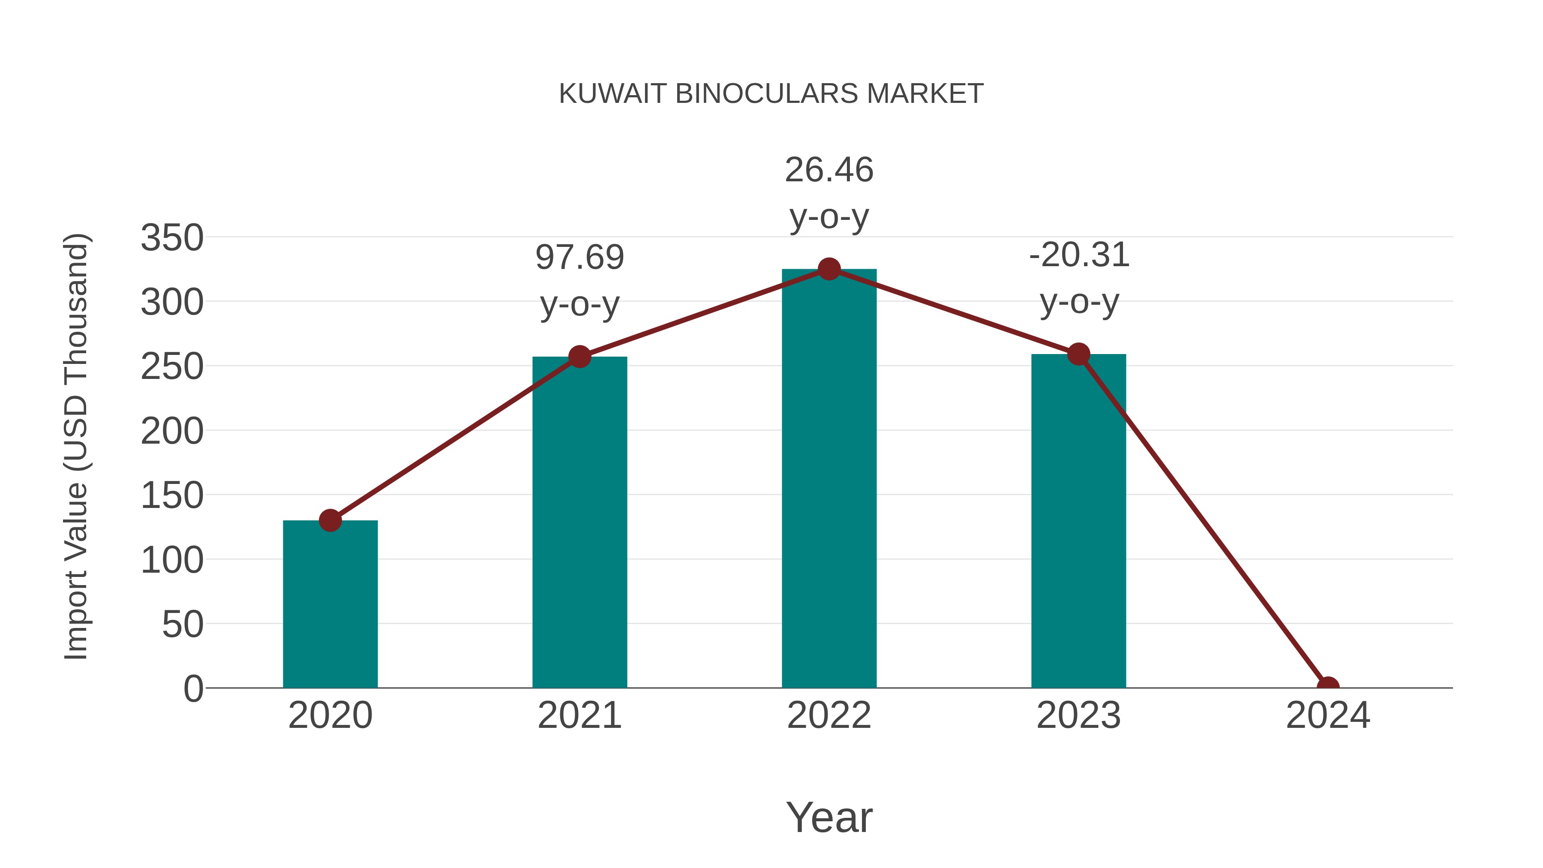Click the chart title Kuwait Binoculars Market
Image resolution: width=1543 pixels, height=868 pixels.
point(771,94)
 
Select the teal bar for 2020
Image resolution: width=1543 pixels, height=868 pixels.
point(330,605)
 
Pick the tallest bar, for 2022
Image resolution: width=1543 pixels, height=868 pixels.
point(829,479)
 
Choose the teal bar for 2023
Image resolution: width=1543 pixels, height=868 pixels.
point(1078,521)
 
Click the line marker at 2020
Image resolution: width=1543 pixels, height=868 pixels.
point(330,520)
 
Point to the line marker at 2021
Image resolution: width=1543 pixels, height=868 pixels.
point(579,357)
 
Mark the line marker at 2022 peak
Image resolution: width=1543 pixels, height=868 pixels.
point(829,270)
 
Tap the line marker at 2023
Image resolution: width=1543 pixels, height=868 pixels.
point(1078,354)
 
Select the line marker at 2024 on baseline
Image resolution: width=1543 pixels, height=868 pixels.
point(1327,687)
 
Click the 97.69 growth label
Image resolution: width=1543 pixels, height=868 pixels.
point(579,258)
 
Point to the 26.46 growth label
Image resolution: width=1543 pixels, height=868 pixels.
point(829,170)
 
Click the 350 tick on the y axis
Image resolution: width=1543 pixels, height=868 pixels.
point(172,238)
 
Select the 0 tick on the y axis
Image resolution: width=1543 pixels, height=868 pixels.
point(193,689)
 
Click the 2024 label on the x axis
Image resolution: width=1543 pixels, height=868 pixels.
point(1327,715)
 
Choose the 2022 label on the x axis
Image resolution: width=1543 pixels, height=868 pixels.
point(829,715)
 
